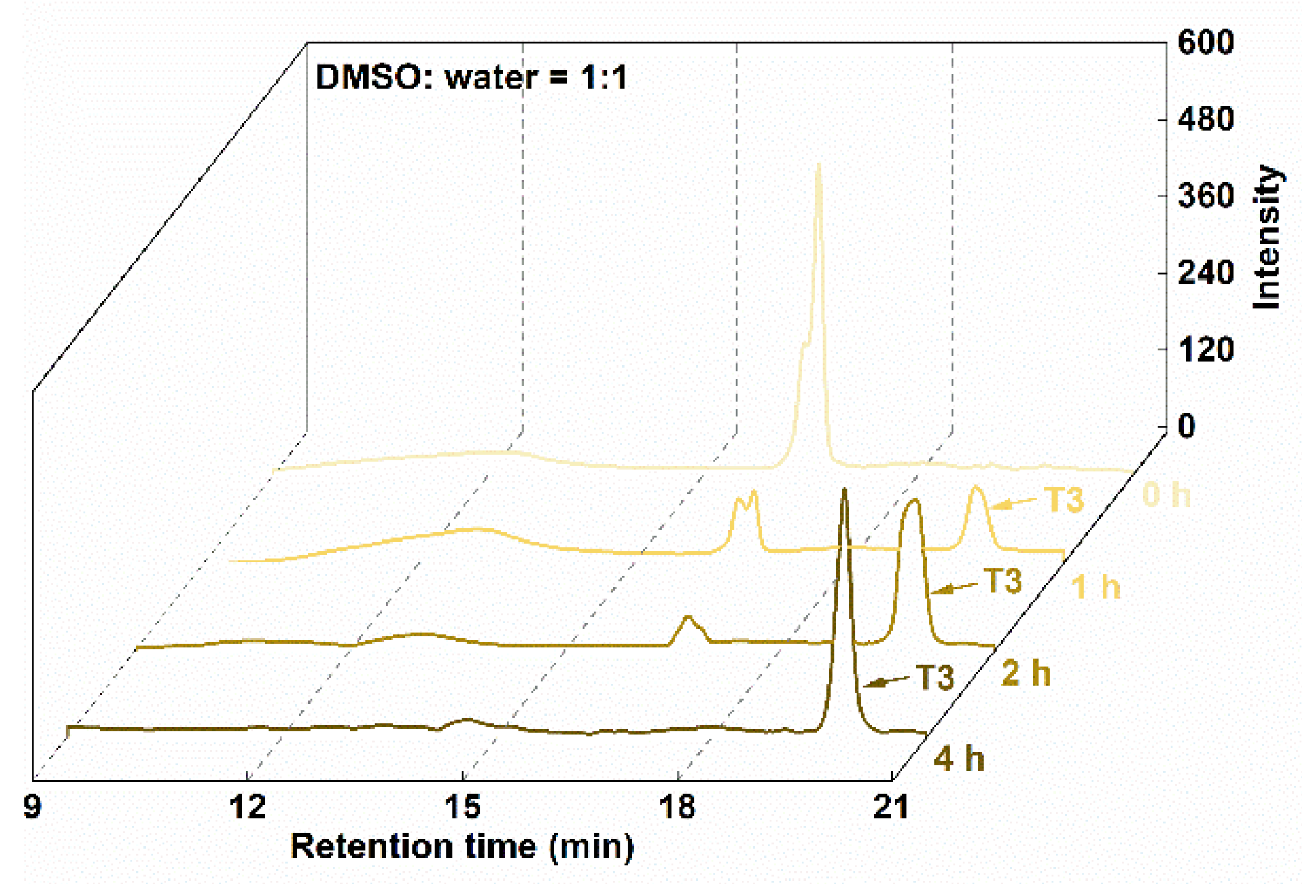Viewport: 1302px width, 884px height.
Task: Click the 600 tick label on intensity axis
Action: (x=1205, y=42)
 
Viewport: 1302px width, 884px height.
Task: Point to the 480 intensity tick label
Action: (x=1205, y=119)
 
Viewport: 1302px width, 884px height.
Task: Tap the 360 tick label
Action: (x=1205, y=196)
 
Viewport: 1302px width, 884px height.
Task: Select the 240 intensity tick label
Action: (x=1205, y=272)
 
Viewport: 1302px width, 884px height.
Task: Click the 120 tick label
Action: (x=1205, y=349)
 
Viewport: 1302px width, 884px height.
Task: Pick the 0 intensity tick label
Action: (x=1186, y=426)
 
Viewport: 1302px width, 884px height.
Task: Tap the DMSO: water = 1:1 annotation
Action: (x=471, y=77)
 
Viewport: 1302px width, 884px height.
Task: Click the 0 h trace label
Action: (x=1166, y=496)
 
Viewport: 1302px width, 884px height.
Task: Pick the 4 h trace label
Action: (x=959, y=759)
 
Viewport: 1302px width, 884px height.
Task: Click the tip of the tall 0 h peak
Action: (x=819, y=166)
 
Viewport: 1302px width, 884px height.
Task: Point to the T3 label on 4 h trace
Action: (x=934, y=677)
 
